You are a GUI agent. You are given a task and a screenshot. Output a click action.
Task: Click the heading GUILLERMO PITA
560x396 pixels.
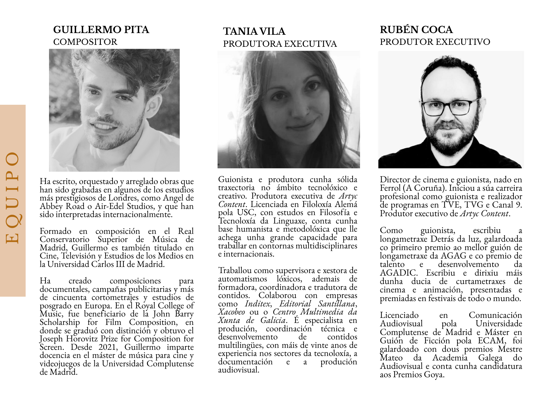coord(101,30)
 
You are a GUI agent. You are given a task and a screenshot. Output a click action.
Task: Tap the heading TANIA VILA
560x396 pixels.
coord(254,31)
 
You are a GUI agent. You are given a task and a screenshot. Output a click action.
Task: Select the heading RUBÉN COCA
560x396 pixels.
coord(416,30)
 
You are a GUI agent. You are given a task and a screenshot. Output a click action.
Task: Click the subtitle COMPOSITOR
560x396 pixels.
coord(85,42)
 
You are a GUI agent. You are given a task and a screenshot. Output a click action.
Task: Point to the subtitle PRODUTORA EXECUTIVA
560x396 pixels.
coord(280,44)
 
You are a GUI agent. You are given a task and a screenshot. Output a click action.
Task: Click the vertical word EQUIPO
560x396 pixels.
coord(13,198)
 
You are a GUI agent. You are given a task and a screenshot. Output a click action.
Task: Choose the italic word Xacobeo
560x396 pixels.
coord(232,312)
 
